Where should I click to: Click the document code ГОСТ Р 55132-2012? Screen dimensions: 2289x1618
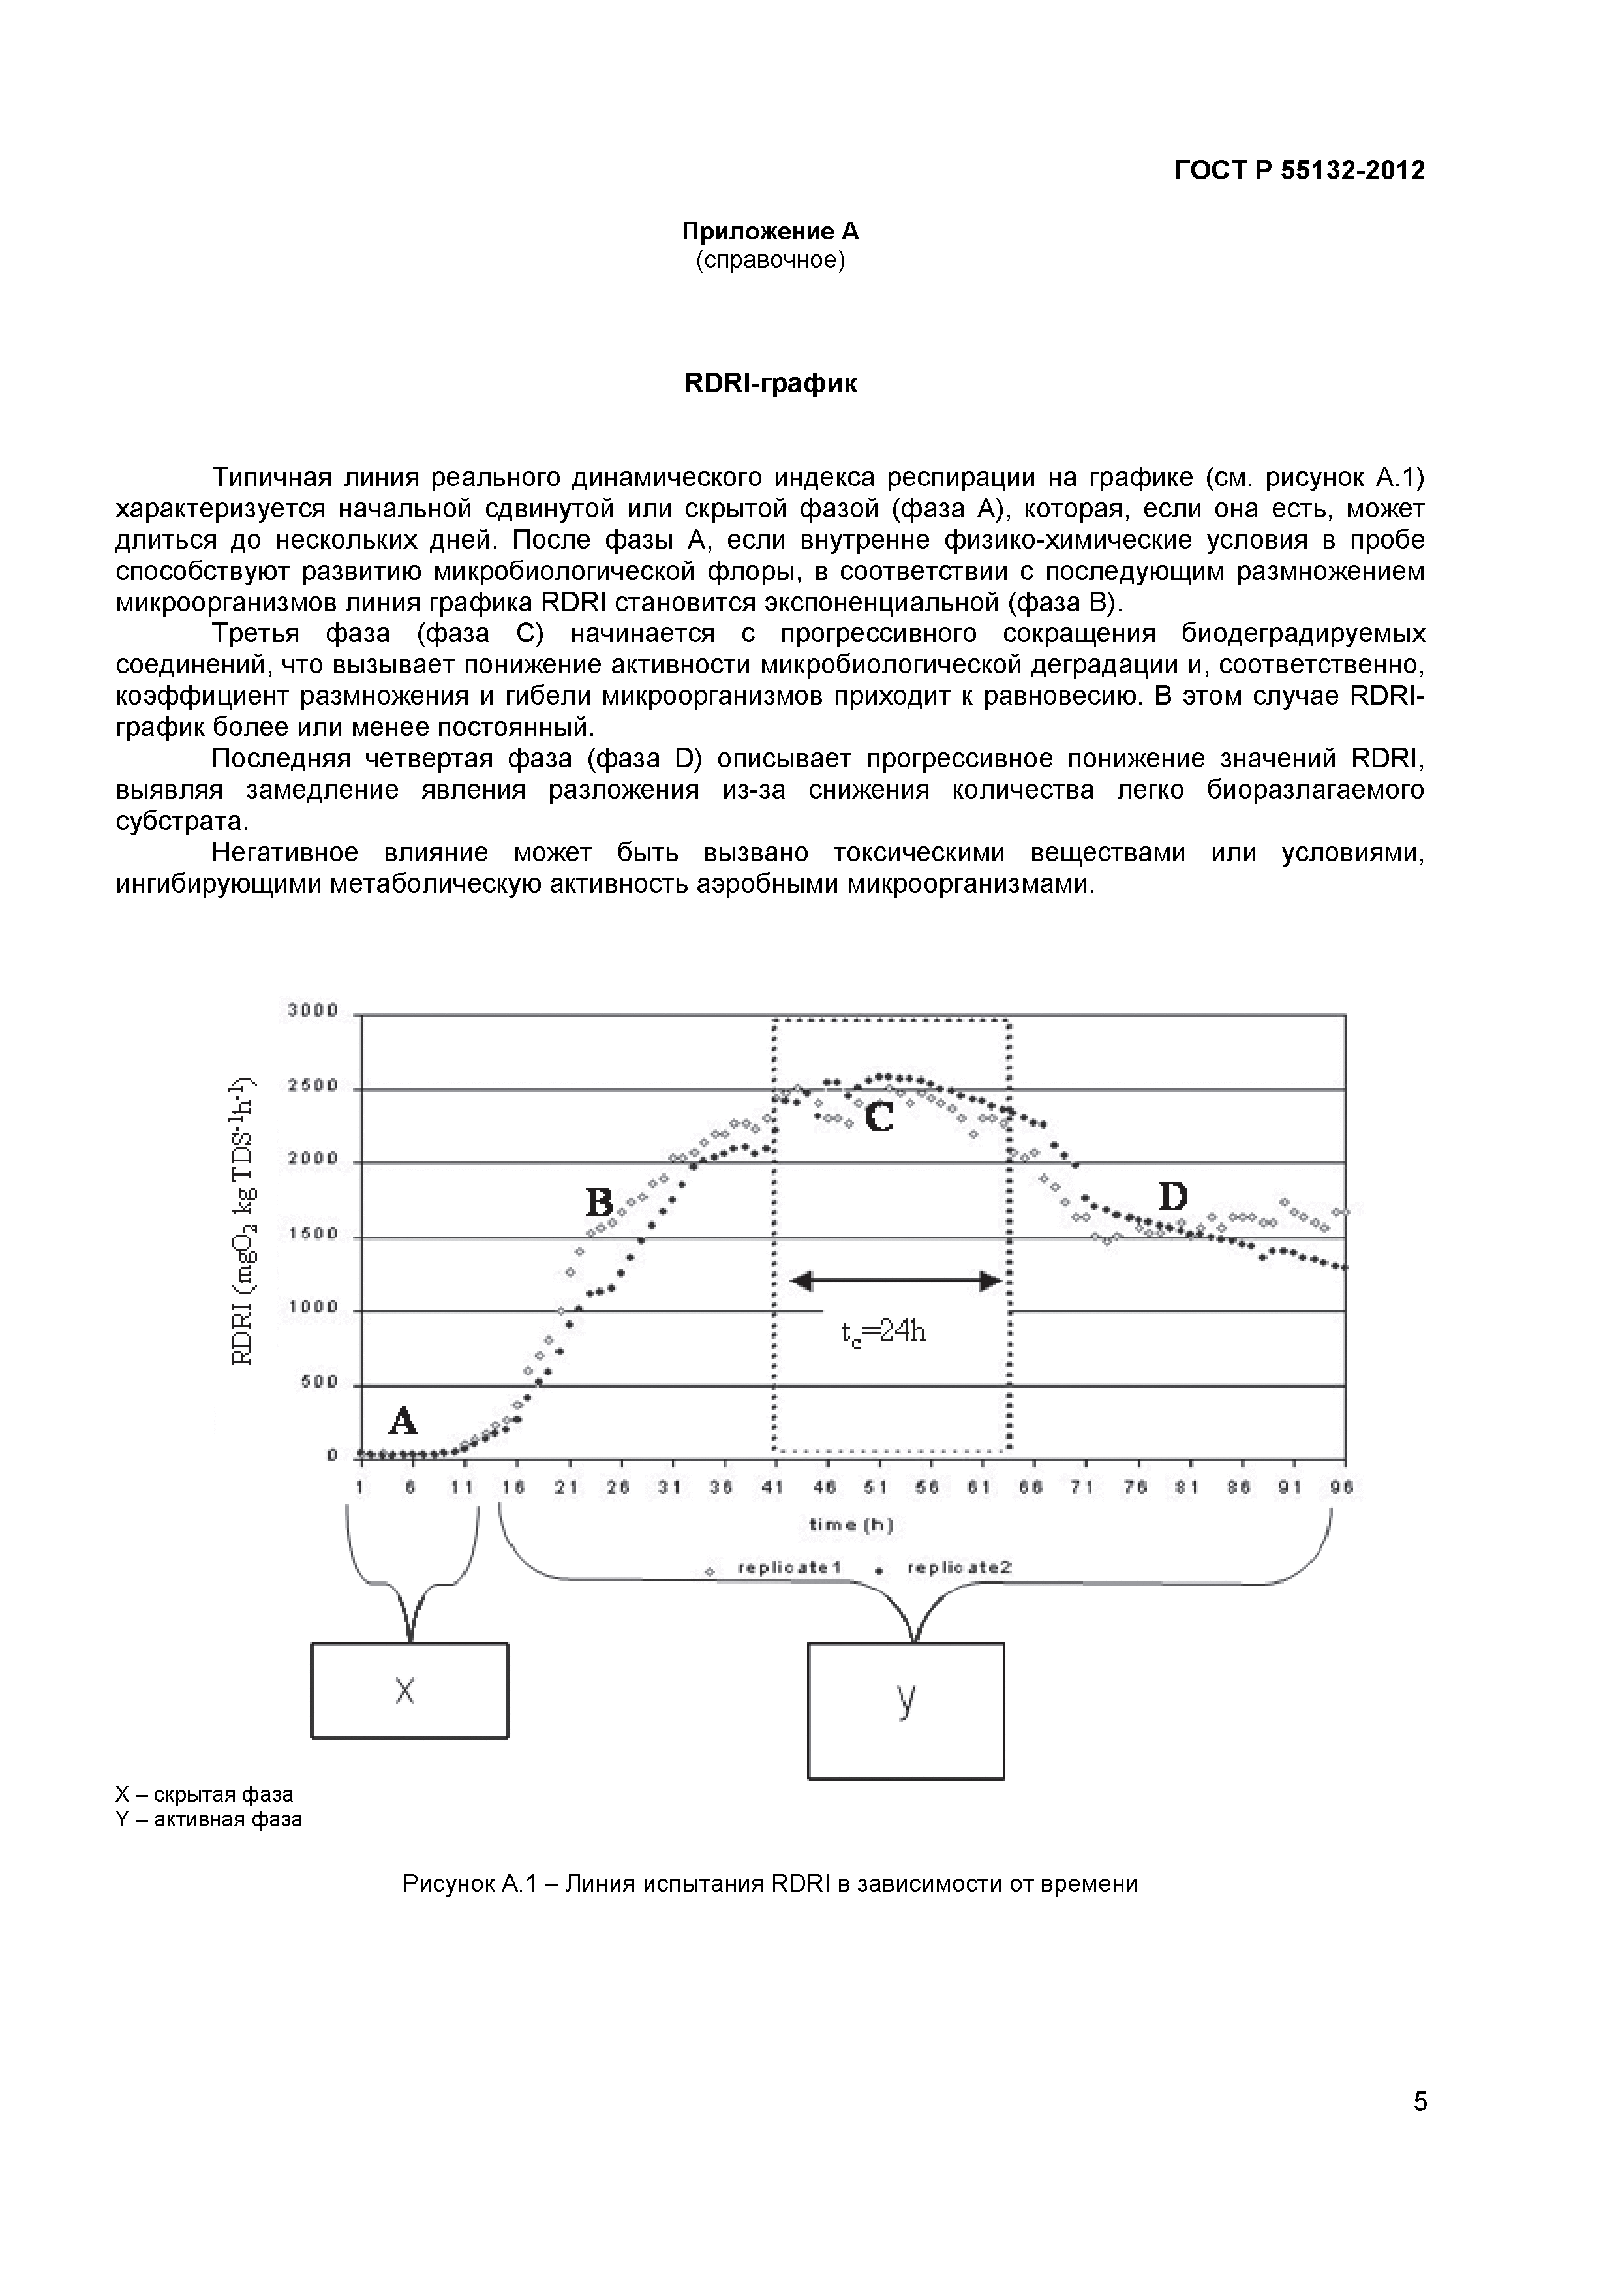[x=1299, y=170]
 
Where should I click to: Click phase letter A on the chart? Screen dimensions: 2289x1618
[x=402, y=1420]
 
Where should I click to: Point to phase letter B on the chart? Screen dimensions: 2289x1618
[x=599, y=1203]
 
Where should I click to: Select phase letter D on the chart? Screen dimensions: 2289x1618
[x=1172, y=1195]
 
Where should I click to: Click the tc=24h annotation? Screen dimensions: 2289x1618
[x=883, y=1332]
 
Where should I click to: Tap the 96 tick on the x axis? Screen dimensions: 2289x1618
[x=1343, y=1488]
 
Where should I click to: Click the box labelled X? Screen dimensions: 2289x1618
[x=410, y=1691]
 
